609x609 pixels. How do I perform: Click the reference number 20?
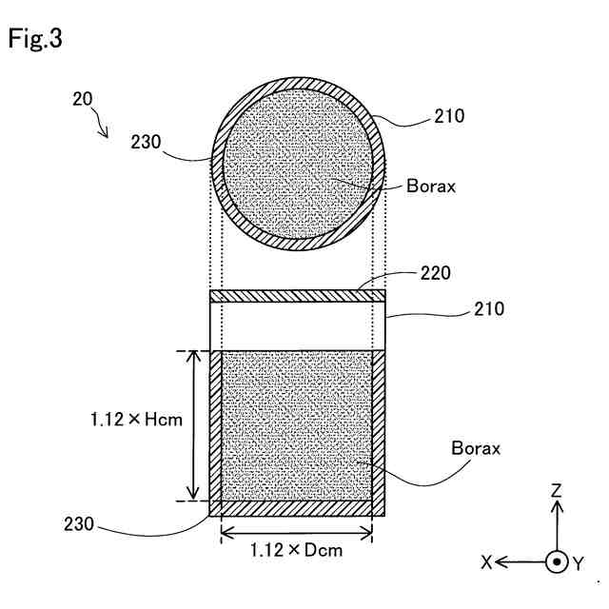[x=83, y=98]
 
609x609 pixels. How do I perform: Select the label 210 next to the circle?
[x=449, y=117]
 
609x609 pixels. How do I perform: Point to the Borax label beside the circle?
[x=430, y=186]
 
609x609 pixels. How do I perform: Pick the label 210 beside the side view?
[x=489, y=309]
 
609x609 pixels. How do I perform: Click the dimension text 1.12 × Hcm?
[x=137, y=418]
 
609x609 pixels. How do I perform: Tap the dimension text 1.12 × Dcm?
[x=296, y=549]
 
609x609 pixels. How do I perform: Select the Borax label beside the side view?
[x=475, y=446]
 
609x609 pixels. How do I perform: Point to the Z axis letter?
[x=557, y=491]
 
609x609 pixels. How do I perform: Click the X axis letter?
[x=486, y=563]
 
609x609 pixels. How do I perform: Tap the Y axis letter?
[x=579, y=563]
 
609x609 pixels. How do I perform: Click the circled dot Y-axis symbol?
[x=557, y=562]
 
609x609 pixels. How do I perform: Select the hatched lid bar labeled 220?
[x=297, y=296]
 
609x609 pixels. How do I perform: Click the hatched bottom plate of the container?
[x=297, y=508]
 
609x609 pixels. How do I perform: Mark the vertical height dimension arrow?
[x=195, y=424]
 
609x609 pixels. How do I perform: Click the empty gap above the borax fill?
[x=297, y=326]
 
